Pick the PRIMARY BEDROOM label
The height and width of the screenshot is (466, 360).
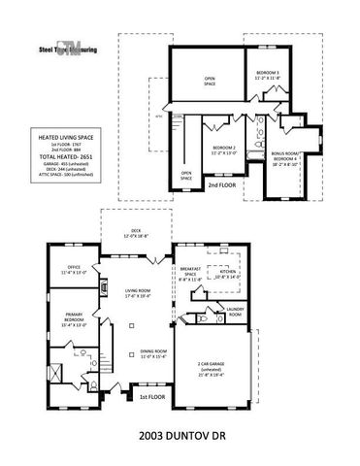pos(75,319)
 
